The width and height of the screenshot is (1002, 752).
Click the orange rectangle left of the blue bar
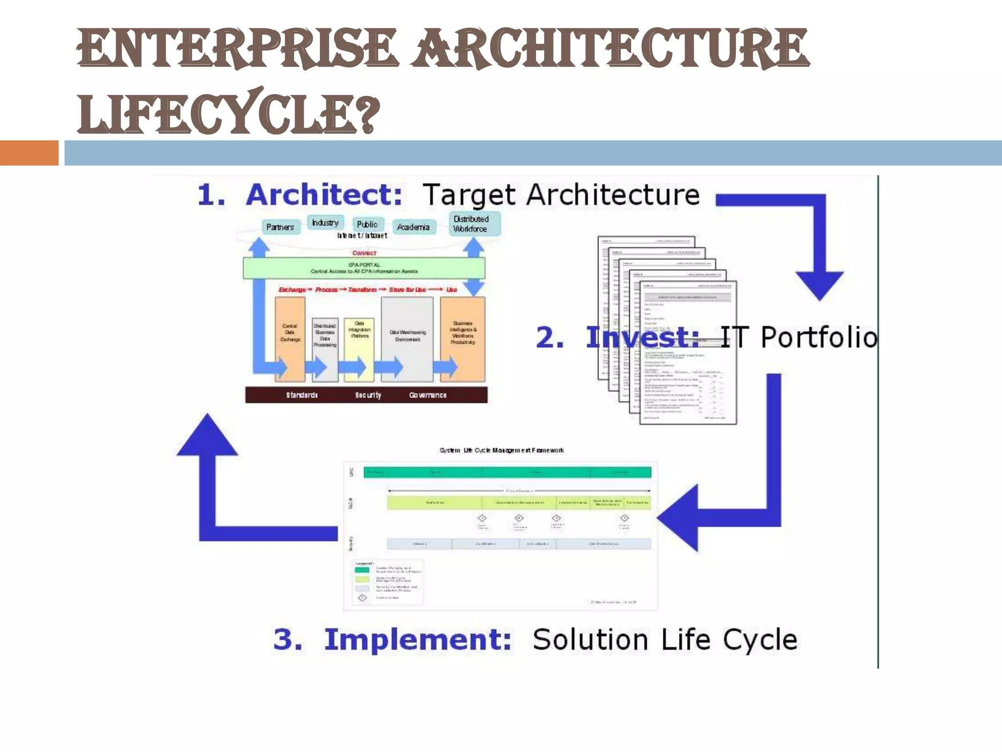29,153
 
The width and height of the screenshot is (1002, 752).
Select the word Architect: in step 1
323,195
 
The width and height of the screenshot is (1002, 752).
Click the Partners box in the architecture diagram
280,227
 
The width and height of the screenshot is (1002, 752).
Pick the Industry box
325,223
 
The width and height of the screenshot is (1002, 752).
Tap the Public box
367,224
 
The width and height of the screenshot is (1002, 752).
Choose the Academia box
413,227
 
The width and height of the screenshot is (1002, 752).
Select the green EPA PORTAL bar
364,268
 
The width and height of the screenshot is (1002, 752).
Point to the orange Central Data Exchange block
290,338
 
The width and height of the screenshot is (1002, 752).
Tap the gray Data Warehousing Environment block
407,338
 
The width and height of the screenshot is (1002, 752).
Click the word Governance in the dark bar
428,395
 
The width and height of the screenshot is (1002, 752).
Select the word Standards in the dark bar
302,395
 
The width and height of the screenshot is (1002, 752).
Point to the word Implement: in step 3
418,640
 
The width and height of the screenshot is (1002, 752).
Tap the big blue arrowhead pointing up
207,436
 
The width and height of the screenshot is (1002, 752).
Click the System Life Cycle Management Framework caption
501,450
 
